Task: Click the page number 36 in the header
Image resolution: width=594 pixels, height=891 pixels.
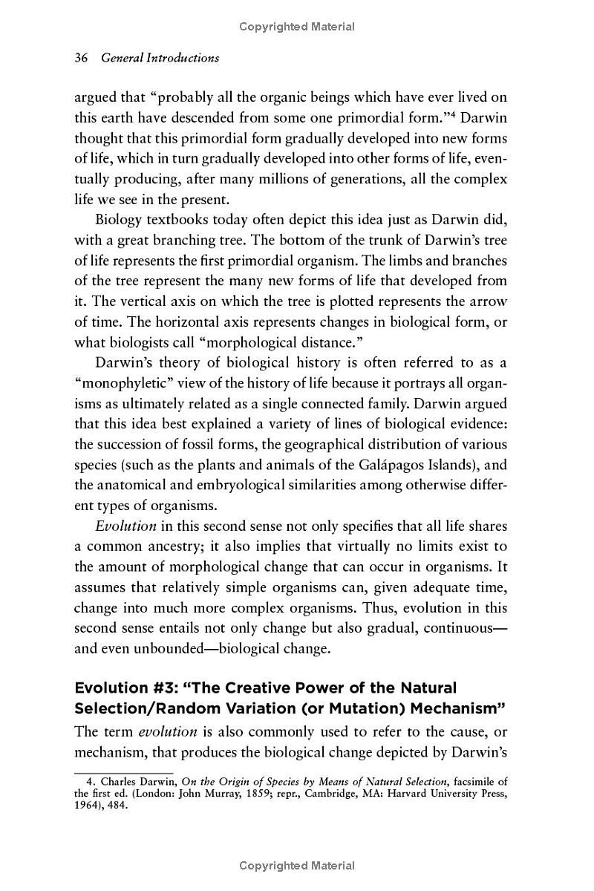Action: tap(82, 57)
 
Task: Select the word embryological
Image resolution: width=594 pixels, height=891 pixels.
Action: tap(267, 486)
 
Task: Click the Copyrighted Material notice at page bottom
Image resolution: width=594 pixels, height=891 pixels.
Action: tap(297, 866)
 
